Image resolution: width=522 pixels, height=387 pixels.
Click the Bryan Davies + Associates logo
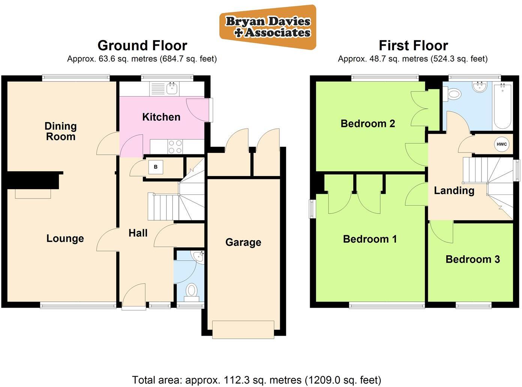coord(268,27)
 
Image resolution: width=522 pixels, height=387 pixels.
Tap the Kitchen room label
coord(161,117)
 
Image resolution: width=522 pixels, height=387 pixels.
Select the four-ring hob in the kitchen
coord(175,146)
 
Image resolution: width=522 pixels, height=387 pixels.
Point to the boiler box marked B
coord(156,167)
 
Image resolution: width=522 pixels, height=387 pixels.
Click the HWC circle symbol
coord(501,144)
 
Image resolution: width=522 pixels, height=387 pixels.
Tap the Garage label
coord(243,242)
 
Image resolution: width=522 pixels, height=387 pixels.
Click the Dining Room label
coord(60,131)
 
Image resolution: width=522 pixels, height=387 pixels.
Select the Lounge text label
coord(65,238)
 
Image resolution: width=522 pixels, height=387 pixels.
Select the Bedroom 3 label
coord(472,259)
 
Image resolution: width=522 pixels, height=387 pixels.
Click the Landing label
coord(454,190)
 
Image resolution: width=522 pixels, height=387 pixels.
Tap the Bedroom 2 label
coord(367,123)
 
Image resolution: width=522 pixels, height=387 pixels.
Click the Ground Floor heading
coord(142,46)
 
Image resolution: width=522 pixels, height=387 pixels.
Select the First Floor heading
coord(413,46)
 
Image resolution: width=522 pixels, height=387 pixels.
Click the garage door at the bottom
coord(243,330)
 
